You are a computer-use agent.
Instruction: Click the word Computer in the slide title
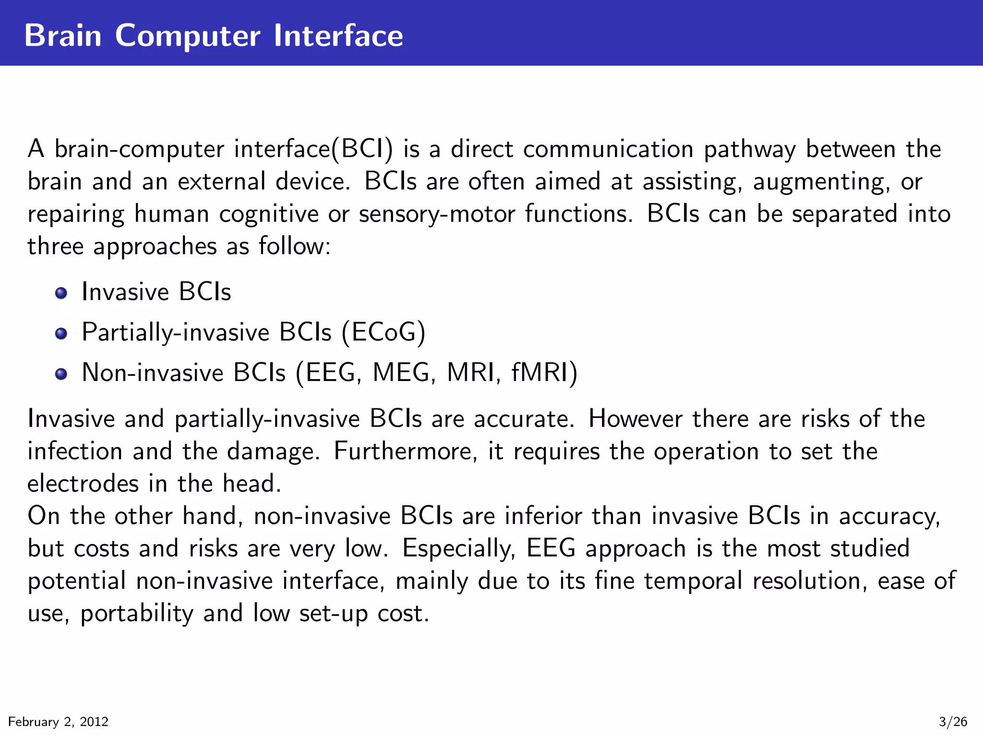pyautogui.click(x=188, y=36)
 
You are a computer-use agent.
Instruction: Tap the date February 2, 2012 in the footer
pyautogui.click(x=59, y=722)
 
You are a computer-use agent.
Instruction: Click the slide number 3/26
pyautogui.click(x=953, y=722)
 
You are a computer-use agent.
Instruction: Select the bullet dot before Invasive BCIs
pyautogui.click(x=61, y=293)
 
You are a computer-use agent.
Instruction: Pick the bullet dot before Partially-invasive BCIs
pyautogui.click(x=61, y=333)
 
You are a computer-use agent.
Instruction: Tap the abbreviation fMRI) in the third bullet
pyautogui.click(x=544, y=372)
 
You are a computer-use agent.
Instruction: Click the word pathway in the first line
pyautogui.click(x=749, y=150)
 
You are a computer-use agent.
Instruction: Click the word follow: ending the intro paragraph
pyautogui.click(x=295, y=246)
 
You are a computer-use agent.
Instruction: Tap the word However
pyautogui.click(x=635, y=419)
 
